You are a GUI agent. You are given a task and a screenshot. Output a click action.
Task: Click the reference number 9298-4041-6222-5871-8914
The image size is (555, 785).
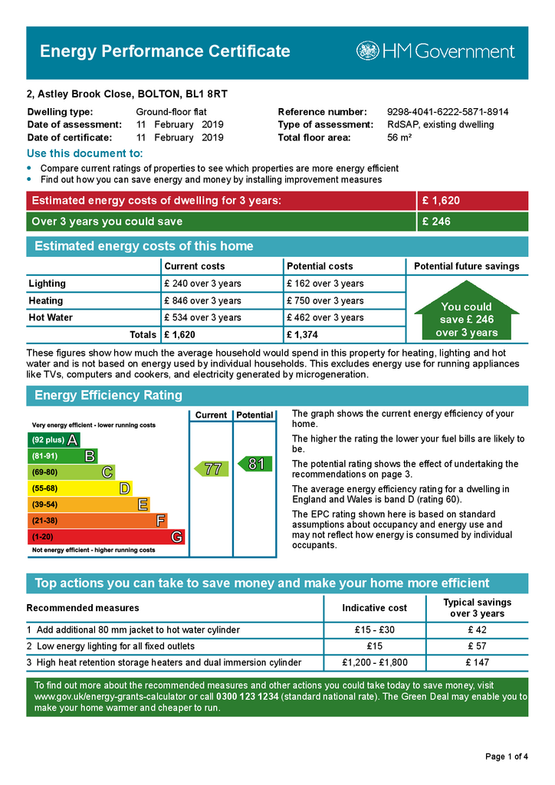point(448,112)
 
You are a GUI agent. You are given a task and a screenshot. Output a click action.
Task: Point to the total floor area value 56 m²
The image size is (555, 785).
point(399,138)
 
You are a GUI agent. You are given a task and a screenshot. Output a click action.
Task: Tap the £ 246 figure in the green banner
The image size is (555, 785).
point(436,222)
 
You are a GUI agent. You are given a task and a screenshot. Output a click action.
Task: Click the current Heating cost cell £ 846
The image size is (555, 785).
point(202,301)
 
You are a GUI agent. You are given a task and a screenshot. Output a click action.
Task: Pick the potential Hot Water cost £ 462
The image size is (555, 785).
point(324,317)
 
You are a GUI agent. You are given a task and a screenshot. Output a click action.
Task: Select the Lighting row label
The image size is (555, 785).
point(48,284)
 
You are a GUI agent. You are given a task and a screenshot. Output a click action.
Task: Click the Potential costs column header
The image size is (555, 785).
point(320,266)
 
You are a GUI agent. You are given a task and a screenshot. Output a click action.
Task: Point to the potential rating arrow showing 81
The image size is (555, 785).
point(254,464)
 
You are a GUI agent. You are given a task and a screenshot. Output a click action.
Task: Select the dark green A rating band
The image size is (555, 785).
point(54,440)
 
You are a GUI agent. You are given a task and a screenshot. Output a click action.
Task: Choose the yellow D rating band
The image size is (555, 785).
point(80,488)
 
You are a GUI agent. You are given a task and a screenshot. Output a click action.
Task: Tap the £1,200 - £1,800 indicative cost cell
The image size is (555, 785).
point(375,662)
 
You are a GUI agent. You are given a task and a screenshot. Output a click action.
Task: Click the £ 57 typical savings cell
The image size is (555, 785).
point(477,646)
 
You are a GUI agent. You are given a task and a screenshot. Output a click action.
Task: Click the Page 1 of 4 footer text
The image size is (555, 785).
point(507,757)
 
